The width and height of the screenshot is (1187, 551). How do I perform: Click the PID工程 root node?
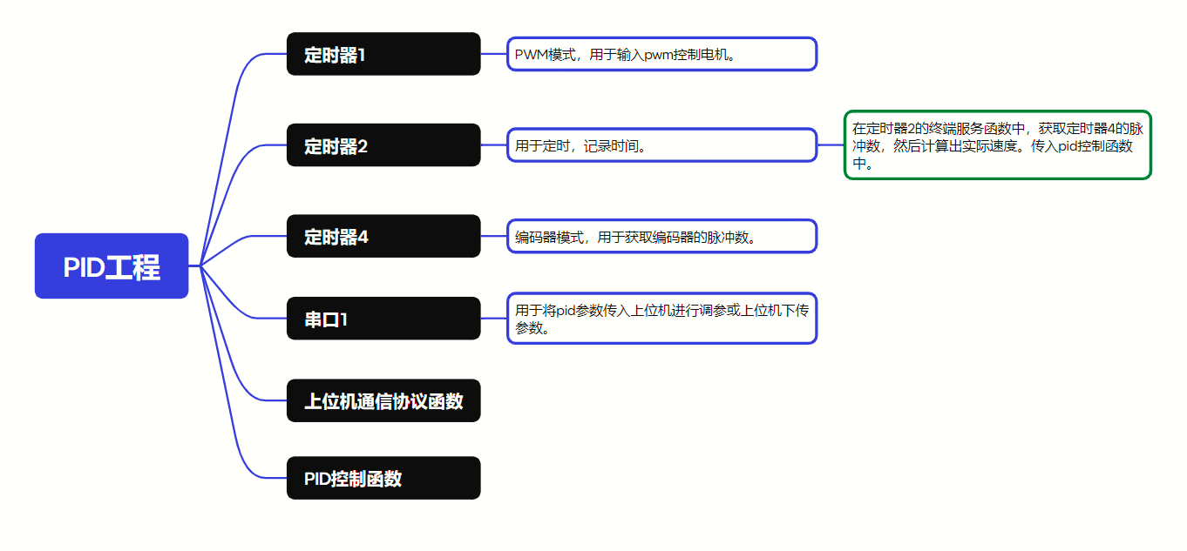(x=112, y=266)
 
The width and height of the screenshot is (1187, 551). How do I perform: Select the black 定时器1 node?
(x=383, y=54)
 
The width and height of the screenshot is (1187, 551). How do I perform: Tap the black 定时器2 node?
(x=383, y=145)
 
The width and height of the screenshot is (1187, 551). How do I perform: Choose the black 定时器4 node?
(x=383, y=236)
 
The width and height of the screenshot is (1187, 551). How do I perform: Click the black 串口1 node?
(x=383, y=319)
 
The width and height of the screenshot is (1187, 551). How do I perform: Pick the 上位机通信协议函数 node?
(x=383, y=401)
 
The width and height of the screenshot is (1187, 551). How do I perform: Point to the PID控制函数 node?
(x=383, y=478)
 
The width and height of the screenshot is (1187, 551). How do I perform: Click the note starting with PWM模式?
(x=661, y=54)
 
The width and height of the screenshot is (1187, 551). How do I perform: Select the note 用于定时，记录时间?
(x=661, y=145)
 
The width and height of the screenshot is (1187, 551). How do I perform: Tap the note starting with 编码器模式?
(x=661, y=236)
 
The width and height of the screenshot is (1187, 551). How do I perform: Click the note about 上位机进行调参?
(x=661, y=319)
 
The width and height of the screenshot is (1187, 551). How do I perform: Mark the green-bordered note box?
(x=997, y=145)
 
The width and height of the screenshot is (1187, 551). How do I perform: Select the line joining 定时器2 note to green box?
(x=831, y=145)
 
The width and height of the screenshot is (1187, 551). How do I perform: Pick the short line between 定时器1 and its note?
(x=494, y=54)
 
